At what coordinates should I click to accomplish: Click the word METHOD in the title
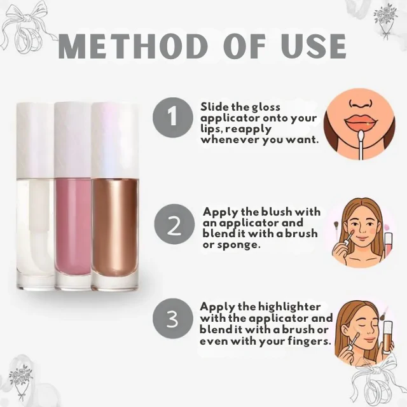[x=132, y=46]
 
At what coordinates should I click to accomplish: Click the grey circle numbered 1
[x=173, y=117]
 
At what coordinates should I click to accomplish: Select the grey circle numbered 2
[x=174, y=224]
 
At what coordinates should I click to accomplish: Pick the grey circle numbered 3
[x=173, y=319]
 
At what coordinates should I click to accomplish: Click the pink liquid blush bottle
[x=72, y=196]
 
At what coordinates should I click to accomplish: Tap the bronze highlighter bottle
[x=114, y=196]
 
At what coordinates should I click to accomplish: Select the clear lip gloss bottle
[x=36, y=196]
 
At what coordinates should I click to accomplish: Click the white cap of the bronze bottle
[x=114, y=140]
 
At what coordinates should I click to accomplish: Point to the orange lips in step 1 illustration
[x=360, y=122]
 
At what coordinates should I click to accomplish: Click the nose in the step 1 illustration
[x=360, y=103]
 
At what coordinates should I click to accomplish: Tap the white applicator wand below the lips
[x=361, y=145]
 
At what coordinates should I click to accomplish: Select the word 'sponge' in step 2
[x=237, y=245]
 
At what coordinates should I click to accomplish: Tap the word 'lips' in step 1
[x=210, y=130]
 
